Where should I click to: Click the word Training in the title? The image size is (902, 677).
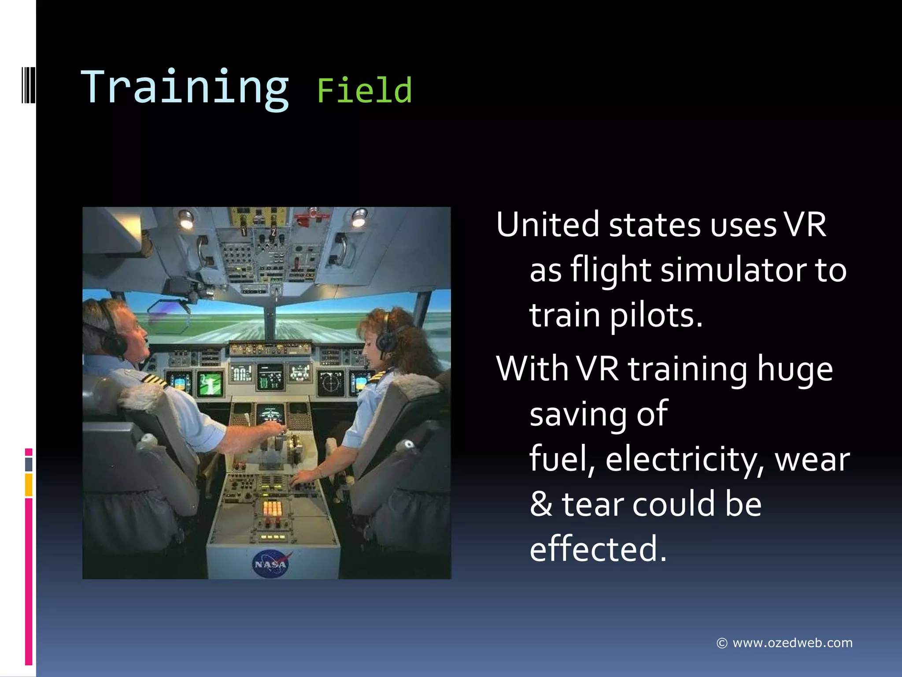tap(185, 88)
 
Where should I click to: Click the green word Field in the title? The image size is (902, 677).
tap(364, 90)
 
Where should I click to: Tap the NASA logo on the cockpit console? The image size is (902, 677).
tap(270, 564)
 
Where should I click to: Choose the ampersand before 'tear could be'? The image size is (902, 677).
tap(541, 504)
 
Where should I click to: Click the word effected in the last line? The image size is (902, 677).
tap(595, 549)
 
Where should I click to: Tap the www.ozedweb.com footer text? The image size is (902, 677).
tap(792, 643)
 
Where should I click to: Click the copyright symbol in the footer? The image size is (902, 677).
tap(721, 644)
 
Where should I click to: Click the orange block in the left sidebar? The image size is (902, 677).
tap(29, 485)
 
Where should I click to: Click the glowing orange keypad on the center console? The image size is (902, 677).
tap(272, 508)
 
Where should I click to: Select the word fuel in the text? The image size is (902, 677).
tap(558, 459)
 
